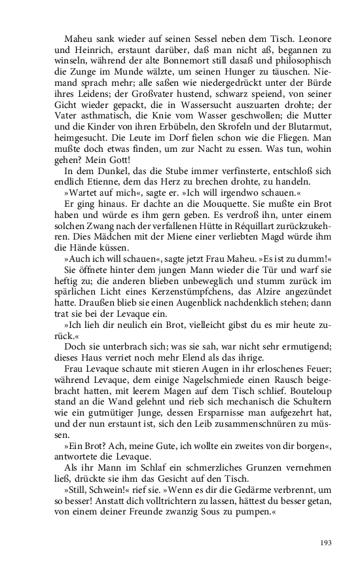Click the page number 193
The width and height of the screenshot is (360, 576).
coord(327,541)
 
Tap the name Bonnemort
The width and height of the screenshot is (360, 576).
coord(189,69)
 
